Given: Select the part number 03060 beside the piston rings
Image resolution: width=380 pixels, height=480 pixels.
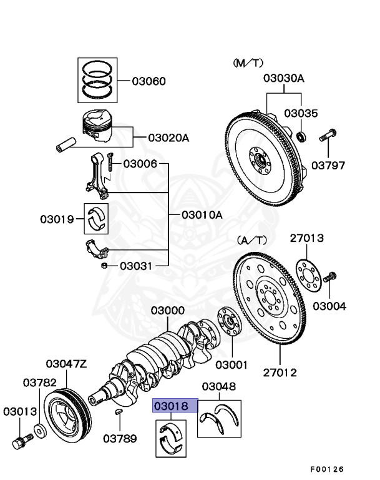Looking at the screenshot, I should (149, 81).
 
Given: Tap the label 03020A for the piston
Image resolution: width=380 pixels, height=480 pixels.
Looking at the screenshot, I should (168, 138).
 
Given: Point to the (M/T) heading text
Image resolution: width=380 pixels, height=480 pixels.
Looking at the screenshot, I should (248, 63).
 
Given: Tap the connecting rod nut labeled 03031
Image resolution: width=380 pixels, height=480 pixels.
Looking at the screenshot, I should (104, 266).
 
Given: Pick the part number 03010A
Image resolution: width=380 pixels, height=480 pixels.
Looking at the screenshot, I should (202, 214).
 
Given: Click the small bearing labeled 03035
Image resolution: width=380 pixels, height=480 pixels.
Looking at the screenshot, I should (301, 136).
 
